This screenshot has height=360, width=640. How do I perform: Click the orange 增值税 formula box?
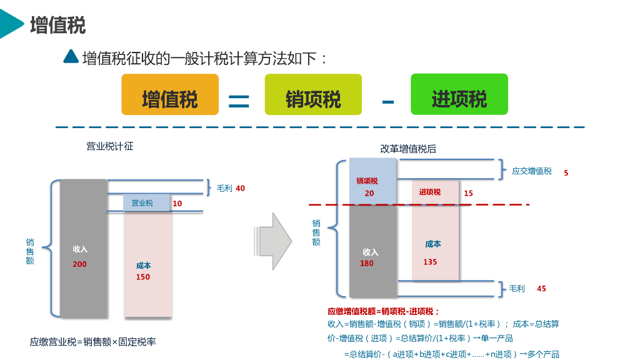pos(170,94)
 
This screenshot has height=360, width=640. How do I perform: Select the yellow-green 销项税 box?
pos(313,94)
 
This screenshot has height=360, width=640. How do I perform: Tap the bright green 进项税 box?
pos(459,94)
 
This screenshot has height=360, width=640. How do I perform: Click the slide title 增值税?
pos(57,25)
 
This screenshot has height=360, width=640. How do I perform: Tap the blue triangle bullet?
pos(71,57)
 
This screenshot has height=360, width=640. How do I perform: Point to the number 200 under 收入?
pos(80,264)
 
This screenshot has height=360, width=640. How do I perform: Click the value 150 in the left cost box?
pos(143,277)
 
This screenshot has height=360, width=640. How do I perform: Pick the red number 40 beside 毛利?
pos(241,188)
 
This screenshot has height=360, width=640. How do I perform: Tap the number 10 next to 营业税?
pos(177,204)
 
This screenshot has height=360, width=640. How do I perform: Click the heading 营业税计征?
pos(109,147)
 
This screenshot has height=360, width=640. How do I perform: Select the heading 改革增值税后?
pos(408,149)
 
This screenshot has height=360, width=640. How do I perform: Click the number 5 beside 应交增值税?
pos(566,172)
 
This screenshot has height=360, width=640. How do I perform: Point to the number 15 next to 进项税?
pos(469,194)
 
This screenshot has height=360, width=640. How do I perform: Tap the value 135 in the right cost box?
pos(430,262)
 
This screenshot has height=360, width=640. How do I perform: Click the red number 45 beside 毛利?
pos(541,289)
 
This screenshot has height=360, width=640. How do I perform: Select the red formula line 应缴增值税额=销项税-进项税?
pos(384,311)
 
